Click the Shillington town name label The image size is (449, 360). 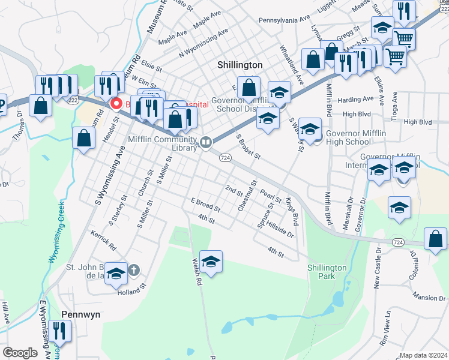[240, 64]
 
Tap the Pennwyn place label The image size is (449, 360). [80, 314]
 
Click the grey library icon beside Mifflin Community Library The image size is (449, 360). [206, 142]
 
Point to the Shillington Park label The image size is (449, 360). [327, 272]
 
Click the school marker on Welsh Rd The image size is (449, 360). [211, 263]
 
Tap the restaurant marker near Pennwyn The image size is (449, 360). [59, 331]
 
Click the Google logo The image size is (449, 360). [20, 353]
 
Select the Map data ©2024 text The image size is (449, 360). [423, 355]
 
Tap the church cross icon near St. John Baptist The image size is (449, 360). [134, 270]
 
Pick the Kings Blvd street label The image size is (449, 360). [292, 210]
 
